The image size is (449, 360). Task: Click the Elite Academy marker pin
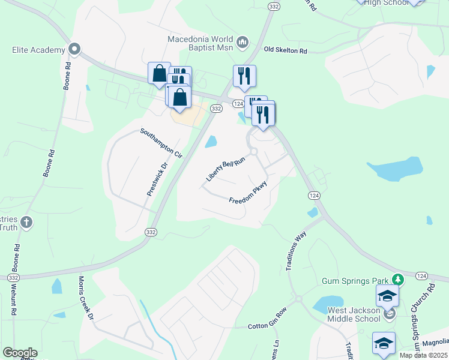[x=74, y=48]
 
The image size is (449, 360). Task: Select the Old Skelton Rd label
[x=285, y=51]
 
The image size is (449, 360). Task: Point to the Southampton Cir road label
[x=161, y=142]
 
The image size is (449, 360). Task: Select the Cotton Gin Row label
[x=268, y=326]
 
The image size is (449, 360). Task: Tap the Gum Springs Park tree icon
[x=397, y=280]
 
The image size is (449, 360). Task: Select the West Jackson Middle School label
[x=354, y=314]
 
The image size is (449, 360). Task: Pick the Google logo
[x=20, y=352]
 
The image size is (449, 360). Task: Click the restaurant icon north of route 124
[x=244, y=76]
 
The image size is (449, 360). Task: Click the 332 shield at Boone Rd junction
[x=14, y=278]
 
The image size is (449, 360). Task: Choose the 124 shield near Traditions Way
[x=313, y=196]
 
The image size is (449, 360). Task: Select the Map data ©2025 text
[x=423, y=355]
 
